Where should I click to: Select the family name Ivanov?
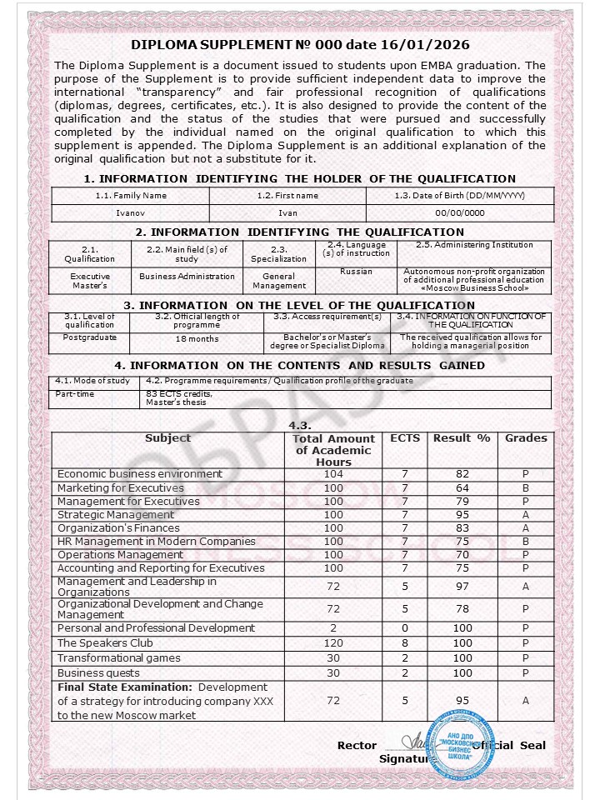coord(131,213)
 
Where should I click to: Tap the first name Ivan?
coord(287,213)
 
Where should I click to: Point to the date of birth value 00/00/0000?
coord(460,213)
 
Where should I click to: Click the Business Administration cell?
coord(187,277)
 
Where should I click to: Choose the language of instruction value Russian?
coord(356,272)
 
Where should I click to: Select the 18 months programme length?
coord(197,339)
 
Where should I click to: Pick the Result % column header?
coord(462,438)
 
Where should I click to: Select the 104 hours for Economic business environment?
coord(333,474)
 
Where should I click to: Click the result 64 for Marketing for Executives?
coord(462,488)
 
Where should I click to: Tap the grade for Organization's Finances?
coord(526,528)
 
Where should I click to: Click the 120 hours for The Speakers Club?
coord(333,643)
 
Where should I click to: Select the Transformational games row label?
coord(118,658)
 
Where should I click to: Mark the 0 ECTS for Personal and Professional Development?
coord(405,628)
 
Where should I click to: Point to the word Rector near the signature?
coord(357,745)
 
